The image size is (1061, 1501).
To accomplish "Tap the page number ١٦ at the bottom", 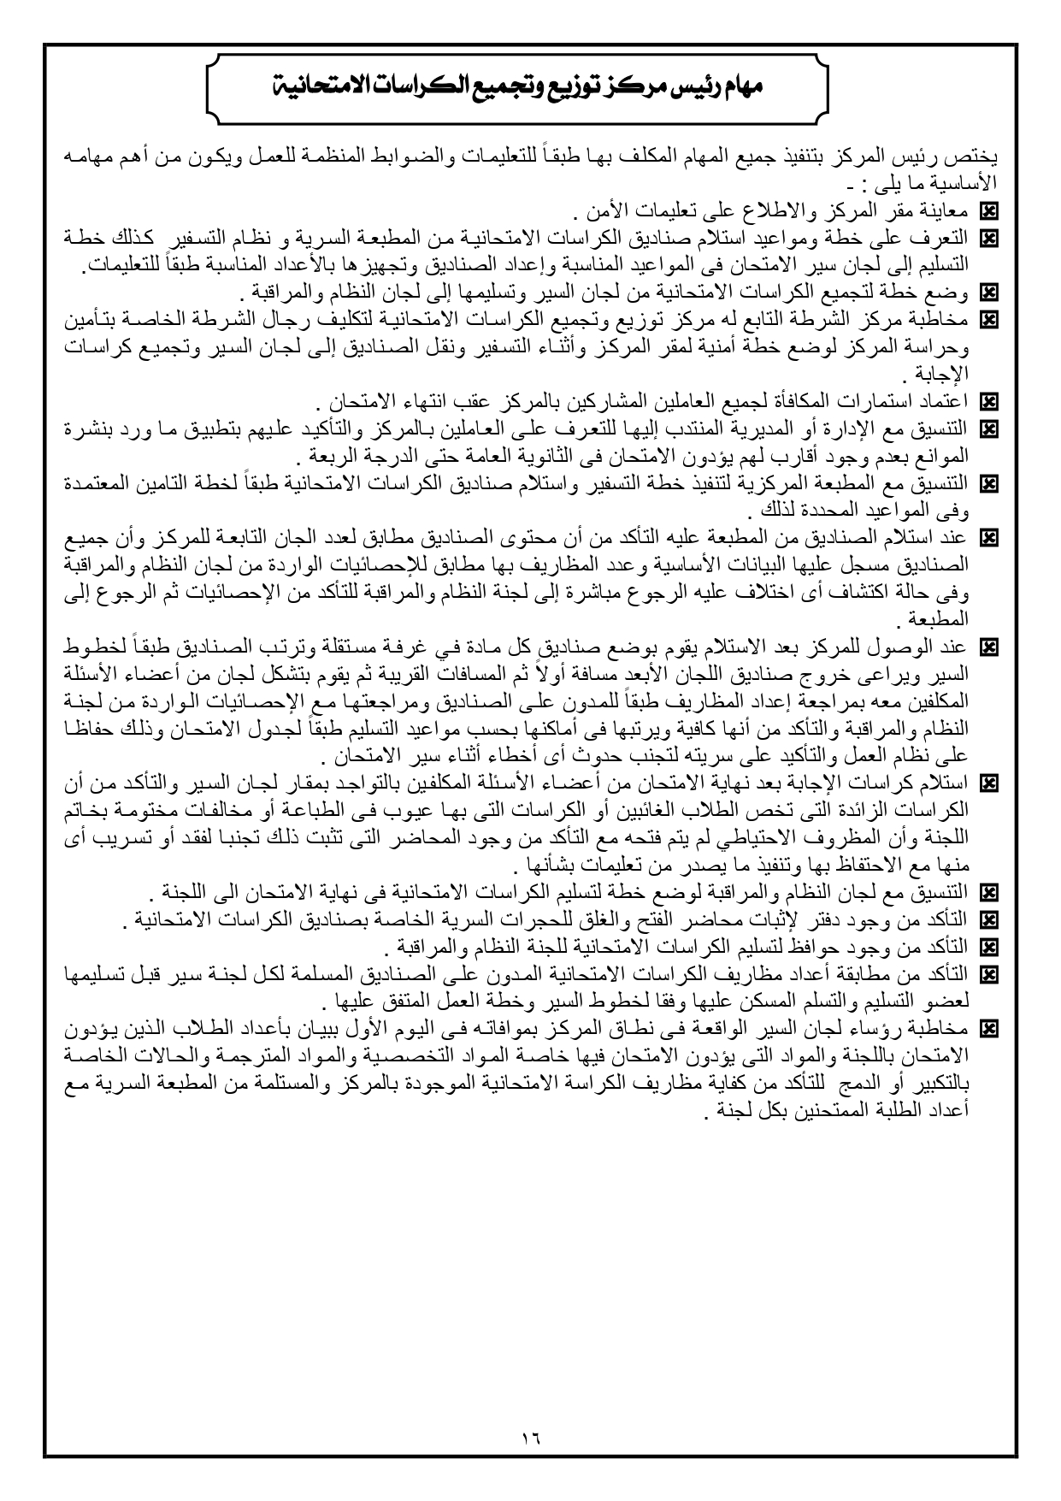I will tap(530, 1438).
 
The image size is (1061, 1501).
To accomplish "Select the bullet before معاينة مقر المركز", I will tap(990, 210).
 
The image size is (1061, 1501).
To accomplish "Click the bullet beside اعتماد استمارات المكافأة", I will tap(990, 400).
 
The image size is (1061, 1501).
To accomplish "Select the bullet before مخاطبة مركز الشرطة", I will tap(990, 319).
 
